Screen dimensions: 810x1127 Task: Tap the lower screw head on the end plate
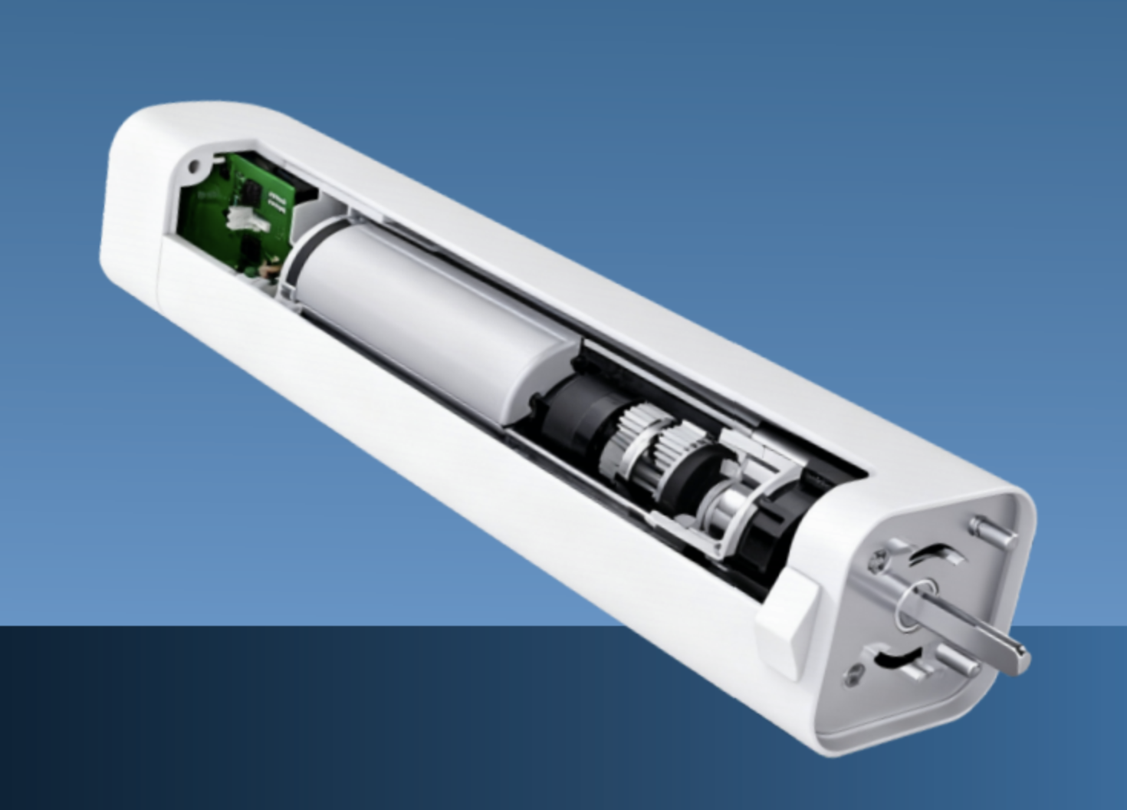click(853, 675)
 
